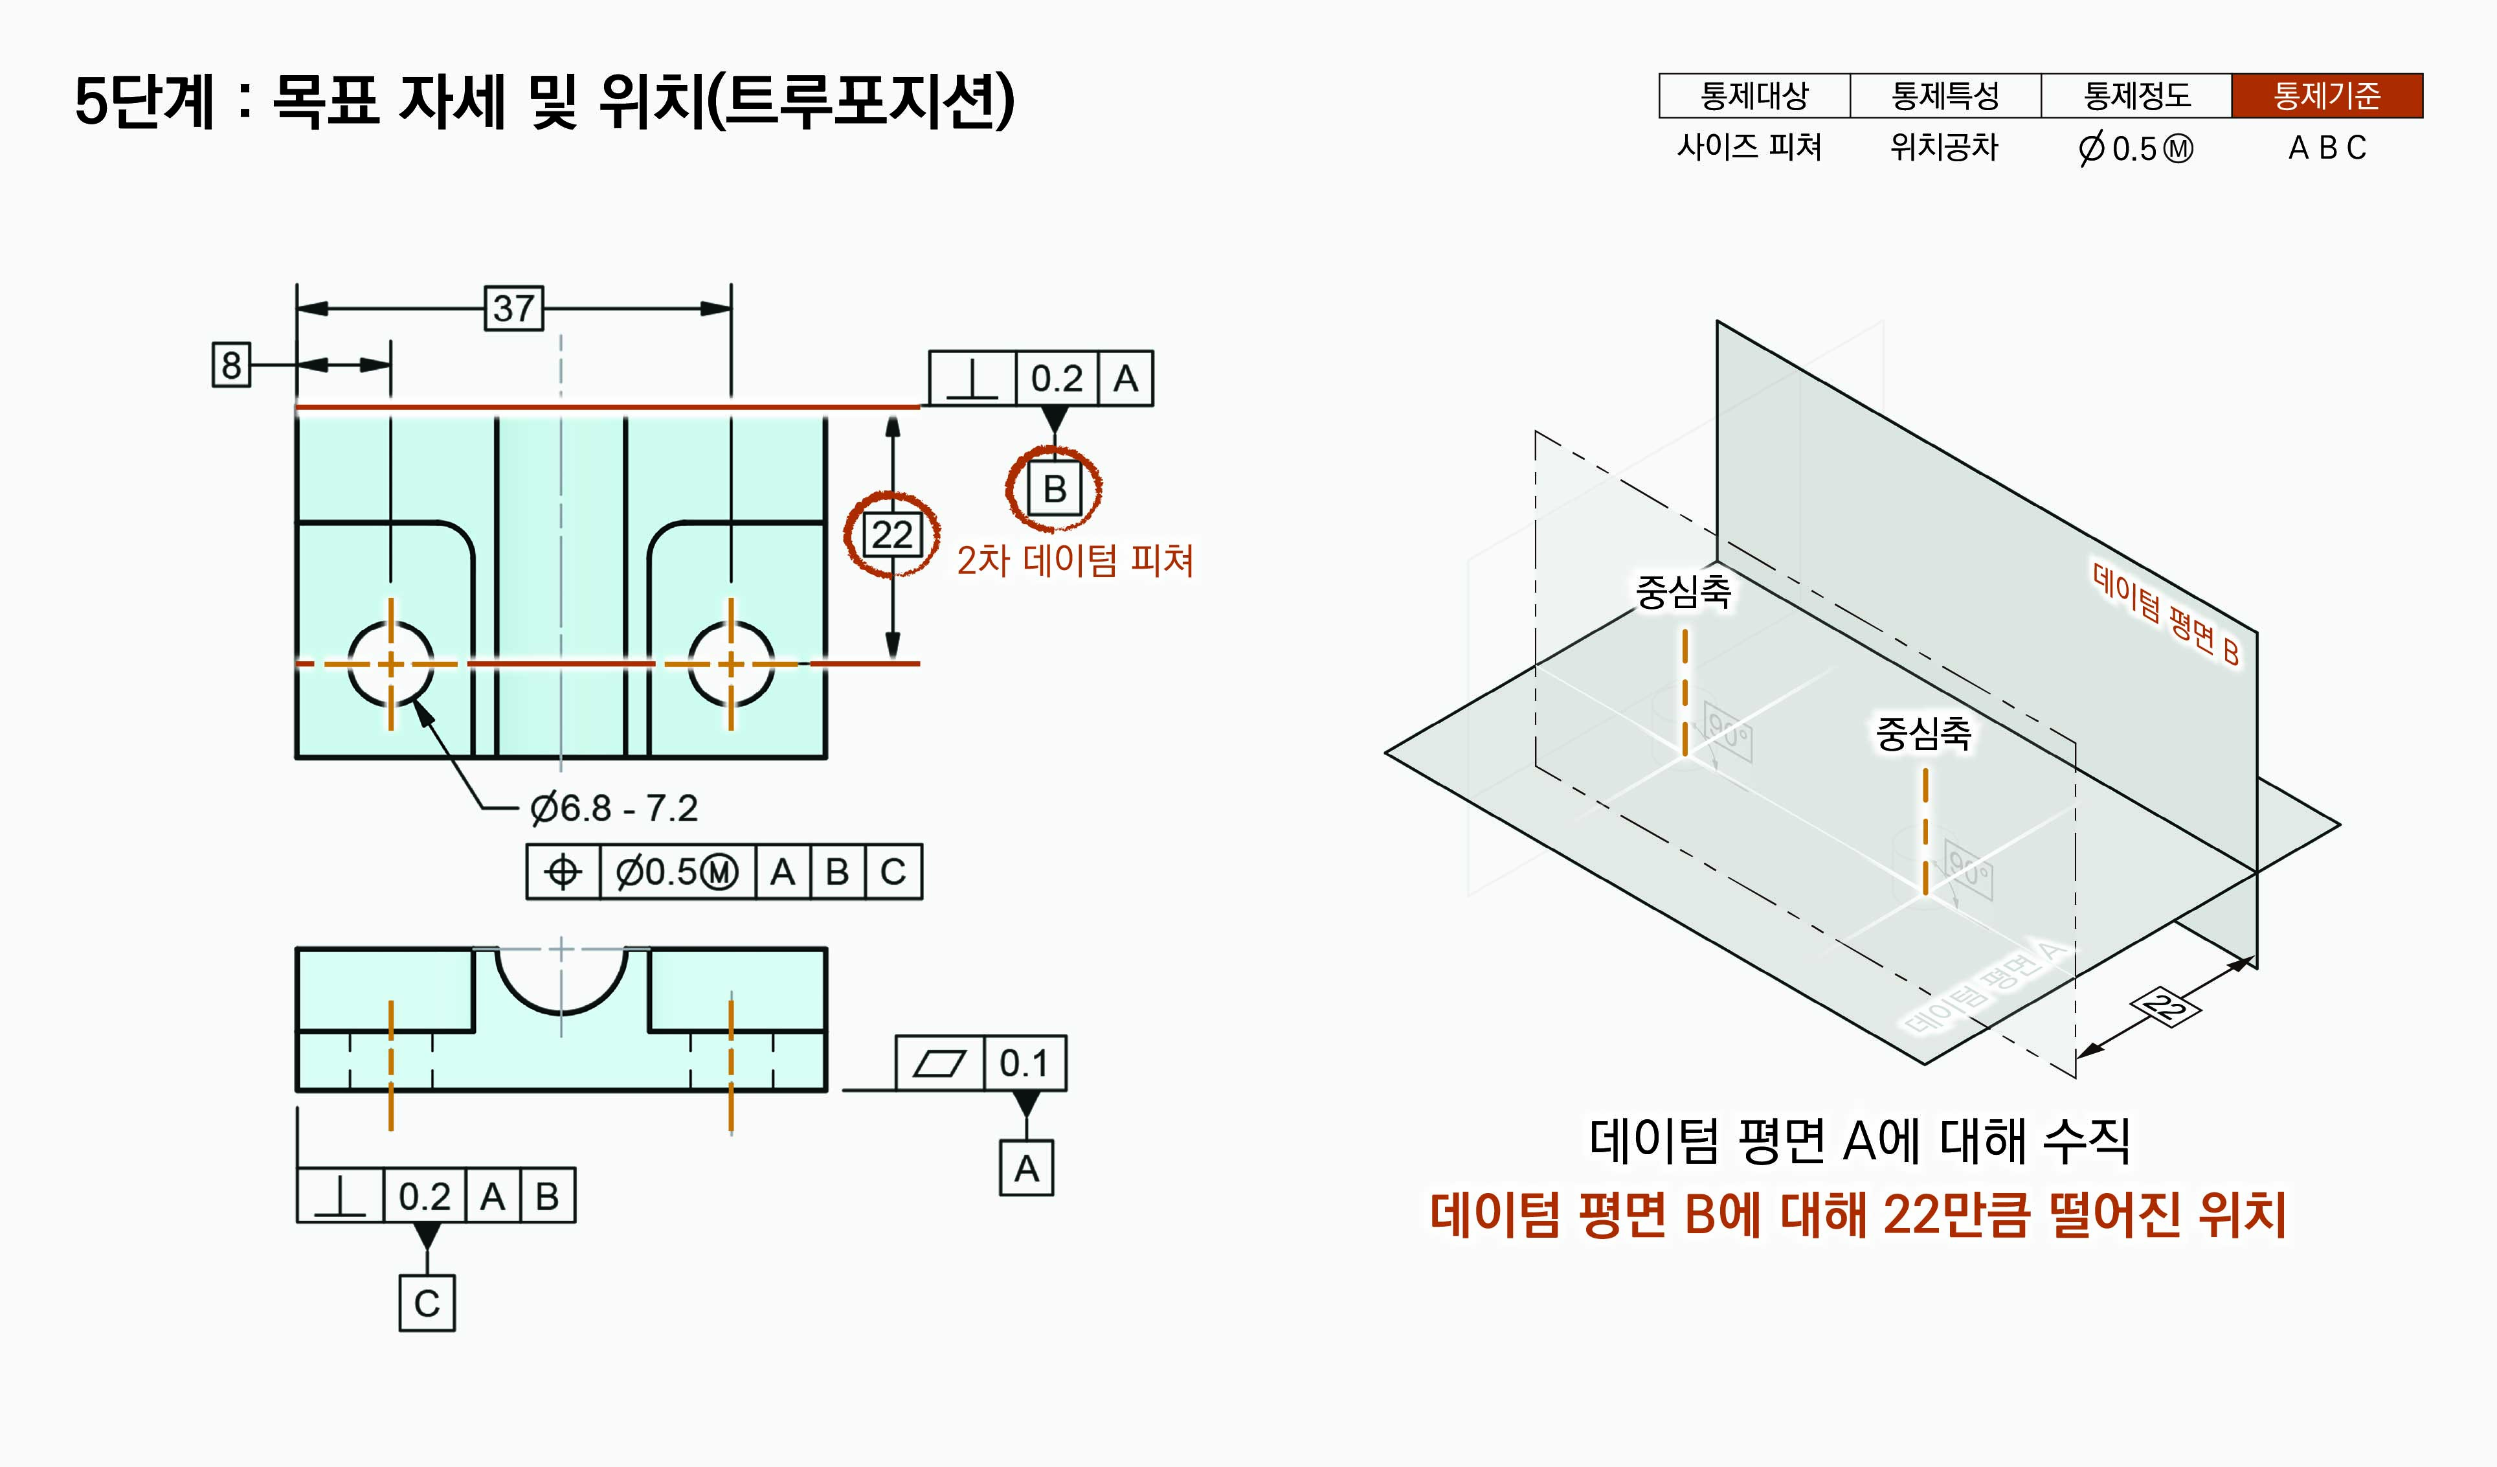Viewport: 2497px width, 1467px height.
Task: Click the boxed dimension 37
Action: (513, 308)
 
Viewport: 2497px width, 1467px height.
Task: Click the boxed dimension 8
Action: (231, 365)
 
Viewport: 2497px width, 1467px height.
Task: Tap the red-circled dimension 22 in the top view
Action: (892, 535)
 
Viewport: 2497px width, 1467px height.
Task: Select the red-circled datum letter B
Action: (1055, 488)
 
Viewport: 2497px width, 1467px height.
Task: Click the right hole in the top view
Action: (732, 663)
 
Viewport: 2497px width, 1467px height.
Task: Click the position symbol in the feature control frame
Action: (563, 872)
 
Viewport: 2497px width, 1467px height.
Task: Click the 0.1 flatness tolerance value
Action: (1024, 1063)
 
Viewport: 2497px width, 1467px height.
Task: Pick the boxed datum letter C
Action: (427, 1303)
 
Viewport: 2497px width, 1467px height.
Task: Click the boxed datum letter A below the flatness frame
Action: (1027, 1168)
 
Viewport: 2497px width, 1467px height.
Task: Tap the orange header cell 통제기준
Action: (2327, 96)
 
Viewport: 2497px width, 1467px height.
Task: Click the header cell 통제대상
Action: (1754, 96)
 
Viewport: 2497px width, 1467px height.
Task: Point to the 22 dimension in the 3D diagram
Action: (2165, 1007)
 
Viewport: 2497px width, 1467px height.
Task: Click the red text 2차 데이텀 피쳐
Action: (1075, 561)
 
